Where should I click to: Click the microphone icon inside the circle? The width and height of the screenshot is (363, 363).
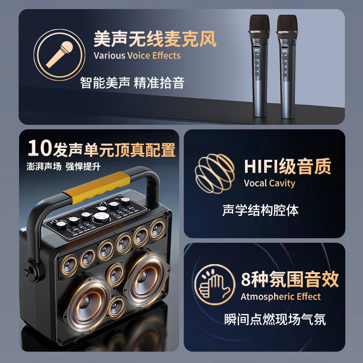59,54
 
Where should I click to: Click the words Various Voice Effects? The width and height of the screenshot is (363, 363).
137,55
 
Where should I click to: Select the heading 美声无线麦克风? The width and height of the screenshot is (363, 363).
155,39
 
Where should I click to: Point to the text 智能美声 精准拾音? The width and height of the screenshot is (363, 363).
132,83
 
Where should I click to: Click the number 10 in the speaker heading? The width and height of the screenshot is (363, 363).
39,148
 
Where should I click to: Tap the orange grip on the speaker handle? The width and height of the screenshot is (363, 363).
97,187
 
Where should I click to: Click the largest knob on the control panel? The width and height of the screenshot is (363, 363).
101,217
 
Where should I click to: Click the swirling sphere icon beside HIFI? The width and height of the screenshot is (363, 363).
215,174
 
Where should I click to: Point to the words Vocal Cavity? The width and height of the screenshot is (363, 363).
270,183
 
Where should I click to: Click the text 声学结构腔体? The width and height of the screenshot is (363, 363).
260,210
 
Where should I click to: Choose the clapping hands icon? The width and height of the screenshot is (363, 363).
215,285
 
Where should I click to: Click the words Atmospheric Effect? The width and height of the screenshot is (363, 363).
280,297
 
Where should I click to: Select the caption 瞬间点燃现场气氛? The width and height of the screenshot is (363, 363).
275,319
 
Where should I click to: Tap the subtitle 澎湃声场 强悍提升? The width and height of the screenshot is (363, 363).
64,167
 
